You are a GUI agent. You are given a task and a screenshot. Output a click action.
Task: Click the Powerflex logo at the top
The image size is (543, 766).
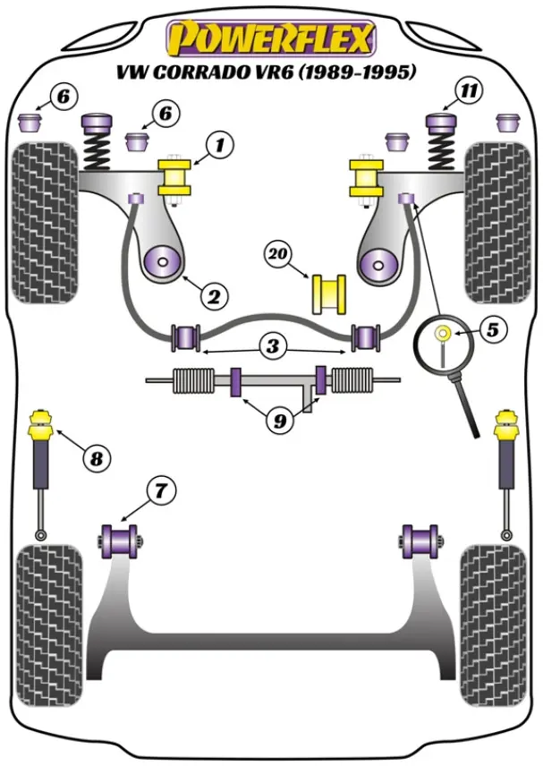point(271,38)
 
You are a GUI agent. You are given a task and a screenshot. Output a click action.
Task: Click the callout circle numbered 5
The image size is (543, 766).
point(491,328)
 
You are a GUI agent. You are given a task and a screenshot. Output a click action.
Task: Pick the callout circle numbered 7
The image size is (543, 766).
point(162,490)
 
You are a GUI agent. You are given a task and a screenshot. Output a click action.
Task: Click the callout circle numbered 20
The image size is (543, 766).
point(280,255)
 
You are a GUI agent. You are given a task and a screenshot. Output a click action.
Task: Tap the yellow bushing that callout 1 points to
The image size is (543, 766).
point(175,176)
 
